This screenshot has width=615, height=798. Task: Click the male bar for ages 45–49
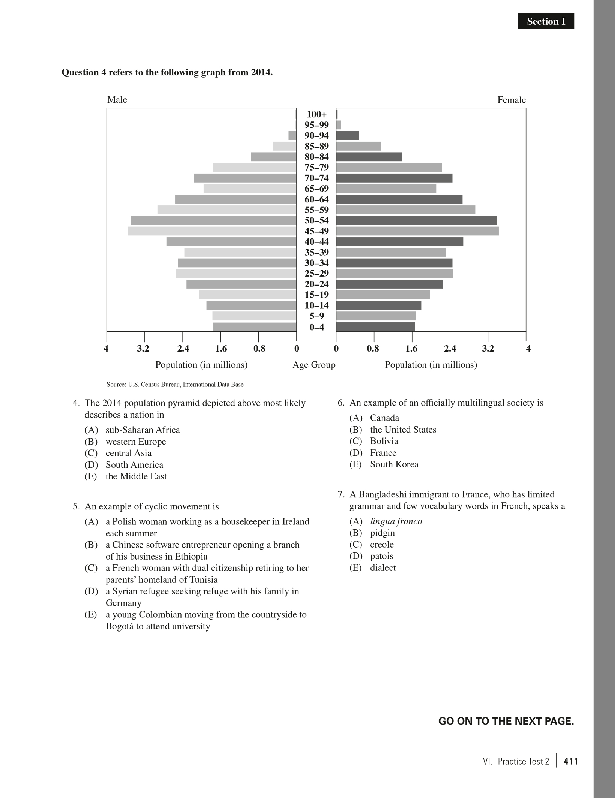(212, 231)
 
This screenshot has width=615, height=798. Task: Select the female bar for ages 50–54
(416, 220)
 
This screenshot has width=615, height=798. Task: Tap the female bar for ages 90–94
(348, 135)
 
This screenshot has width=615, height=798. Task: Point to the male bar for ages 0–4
(255, 327)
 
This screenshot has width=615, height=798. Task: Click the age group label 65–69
(316, 189)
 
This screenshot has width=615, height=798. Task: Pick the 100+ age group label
(316, 114)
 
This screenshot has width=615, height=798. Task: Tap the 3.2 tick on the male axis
(143, 349)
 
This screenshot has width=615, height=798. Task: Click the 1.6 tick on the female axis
(411, 349)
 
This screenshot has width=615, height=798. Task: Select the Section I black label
(546, 21)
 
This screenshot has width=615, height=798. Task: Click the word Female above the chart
(511, 100)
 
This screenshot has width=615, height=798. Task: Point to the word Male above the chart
(117, 100)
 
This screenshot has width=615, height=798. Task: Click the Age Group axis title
(314, 365)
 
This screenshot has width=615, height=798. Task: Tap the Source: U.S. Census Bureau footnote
(175, 384)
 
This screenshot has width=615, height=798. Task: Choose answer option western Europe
(135, 442)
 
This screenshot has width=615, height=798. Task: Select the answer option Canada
(384, 418)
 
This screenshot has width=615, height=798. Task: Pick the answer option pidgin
(382, 533)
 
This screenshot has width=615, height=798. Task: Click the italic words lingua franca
(396, 521)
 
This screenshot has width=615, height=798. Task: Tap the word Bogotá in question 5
(119, 626)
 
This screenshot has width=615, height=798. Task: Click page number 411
(571, 761)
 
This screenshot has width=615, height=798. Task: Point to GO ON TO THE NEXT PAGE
(506, 721)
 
